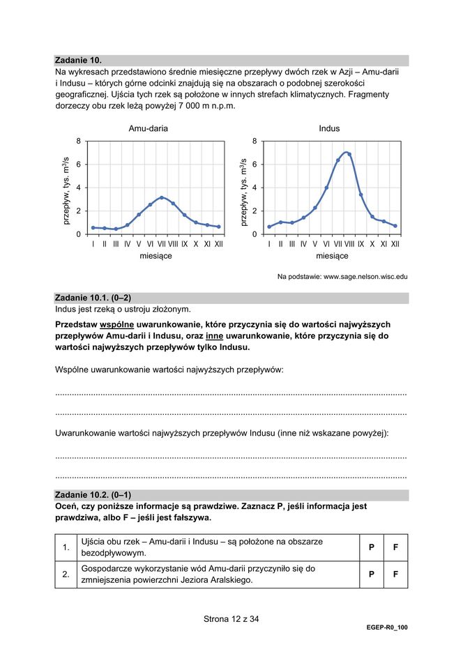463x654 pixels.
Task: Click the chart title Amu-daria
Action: [x=148, y=129]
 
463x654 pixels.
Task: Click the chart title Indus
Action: [x=329, y=129]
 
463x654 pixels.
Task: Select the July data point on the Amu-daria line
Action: [x=162, y=197]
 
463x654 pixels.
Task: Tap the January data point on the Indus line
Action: [x=269, y=227]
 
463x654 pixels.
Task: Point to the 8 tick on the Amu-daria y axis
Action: [x=79, y=142]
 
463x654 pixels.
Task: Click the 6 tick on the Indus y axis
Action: [x=255, y=165]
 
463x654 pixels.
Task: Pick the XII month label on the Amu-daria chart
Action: [x=218, y=244]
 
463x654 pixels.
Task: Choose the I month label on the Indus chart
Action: [x=269, y=244]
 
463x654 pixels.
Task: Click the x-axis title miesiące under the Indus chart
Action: [x=332, y=256]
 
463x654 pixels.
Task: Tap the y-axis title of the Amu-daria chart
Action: [x=66, y=188]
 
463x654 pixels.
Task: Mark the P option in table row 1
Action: [x=372, y=547]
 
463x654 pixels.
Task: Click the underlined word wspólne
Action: [x=122, y=324]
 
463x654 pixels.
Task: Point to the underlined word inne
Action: [x=214, y=335]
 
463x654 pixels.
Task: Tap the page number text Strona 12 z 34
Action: [x=231, y=618]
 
